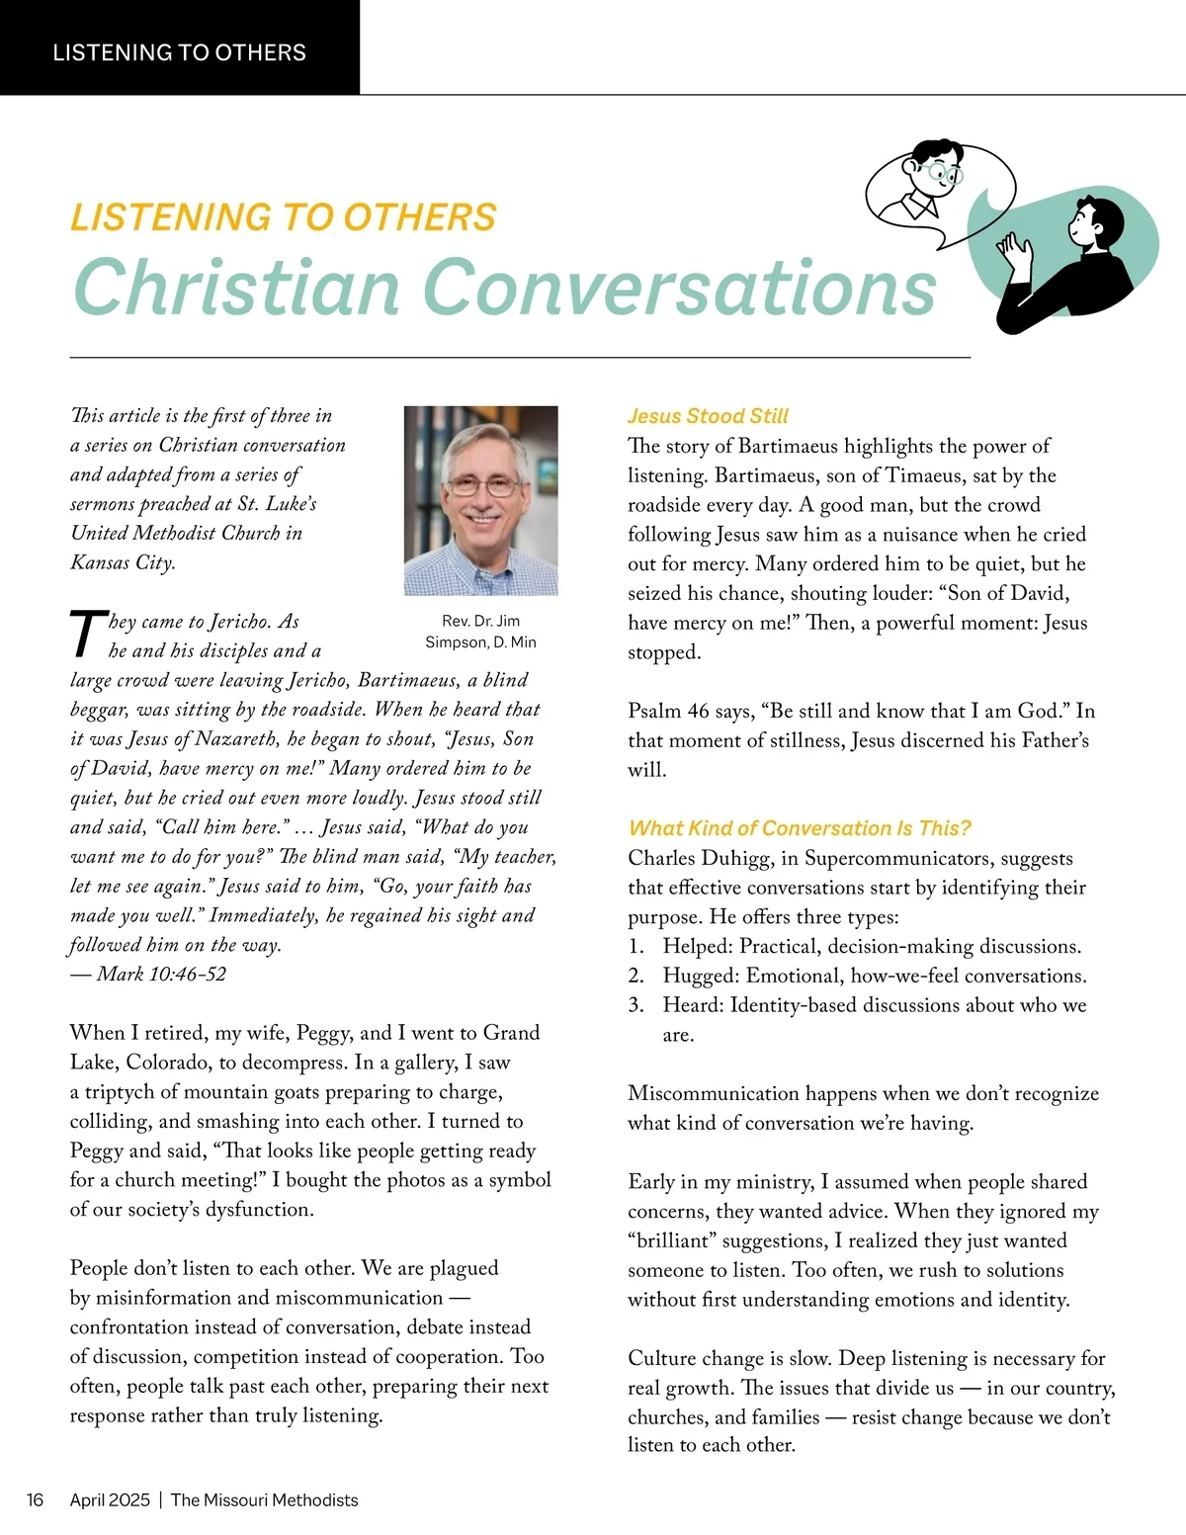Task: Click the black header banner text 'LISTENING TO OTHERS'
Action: tap(179, 52)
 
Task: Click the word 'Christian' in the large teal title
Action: tap(235, 288)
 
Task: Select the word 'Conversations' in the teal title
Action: tap(680, 288)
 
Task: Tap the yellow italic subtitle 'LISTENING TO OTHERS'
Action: tap(283, 217)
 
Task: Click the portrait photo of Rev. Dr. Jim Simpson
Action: tap(480, 500)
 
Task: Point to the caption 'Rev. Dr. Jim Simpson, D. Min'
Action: tap(480, 632)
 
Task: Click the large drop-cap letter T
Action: tap(87, 634)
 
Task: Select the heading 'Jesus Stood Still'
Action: tap(708, 416)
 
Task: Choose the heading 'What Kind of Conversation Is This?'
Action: tap(800, 828)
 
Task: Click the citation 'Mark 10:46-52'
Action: tap(161, 975)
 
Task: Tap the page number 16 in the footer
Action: tap(35, 1500)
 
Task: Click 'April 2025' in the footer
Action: tap(110, 1500)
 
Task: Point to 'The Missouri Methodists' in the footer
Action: tap(264, 1500)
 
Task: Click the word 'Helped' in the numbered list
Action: tap(696, 947)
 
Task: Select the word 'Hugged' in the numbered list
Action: tap(699, 977)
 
